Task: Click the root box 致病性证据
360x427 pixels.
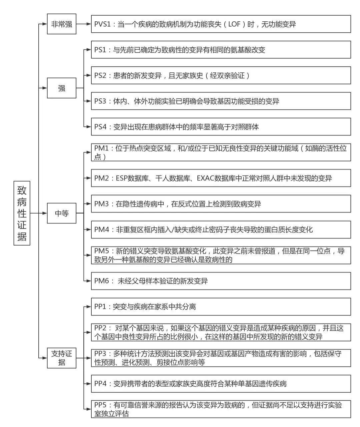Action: [x=22, y=213]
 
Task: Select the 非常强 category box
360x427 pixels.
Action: [x=62, y=24]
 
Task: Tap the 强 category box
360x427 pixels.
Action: [x=62, y=88]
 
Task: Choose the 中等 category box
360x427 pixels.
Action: [x=62, y=213]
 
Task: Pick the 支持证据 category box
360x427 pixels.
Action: [x=62, y=358]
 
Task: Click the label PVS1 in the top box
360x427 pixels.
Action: [x=102, y=24]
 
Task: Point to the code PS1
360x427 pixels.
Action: [x=100, y=50]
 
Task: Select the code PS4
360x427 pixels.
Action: [x=100, y=127]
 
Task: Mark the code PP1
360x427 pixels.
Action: [x=100, y=307]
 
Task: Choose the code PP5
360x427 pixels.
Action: [x=100, y=405]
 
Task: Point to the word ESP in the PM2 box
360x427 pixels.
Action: [x=122, y=178]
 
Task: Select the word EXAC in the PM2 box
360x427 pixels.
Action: [x=206, y=178]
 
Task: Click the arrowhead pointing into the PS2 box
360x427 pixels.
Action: [x=89, y=75]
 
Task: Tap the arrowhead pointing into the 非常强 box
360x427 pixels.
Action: [x=45, y=24]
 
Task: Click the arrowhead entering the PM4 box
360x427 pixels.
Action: [x=89, y=230]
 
